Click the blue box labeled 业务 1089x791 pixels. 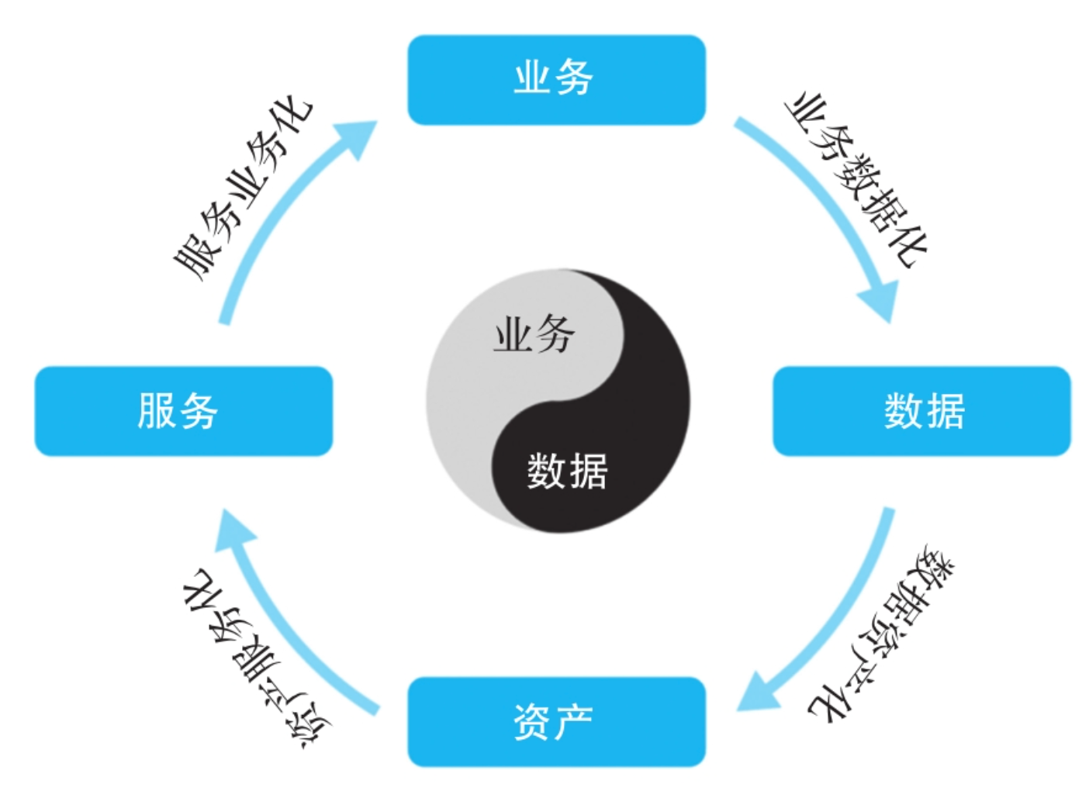(x=556, y=79)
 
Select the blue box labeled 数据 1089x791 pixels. (x=921, y=410)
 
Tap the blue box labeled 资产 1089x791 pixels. (x=556, y=721)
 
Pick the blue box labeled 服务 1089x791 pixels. (x=183, y=410)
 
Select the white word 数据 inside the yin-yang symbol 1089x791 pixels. (x=567, y=471)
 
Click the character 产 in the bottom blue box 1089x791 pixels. (x=575, y=721)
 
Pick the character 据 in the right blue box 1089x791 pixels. (x=945, y=410)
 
